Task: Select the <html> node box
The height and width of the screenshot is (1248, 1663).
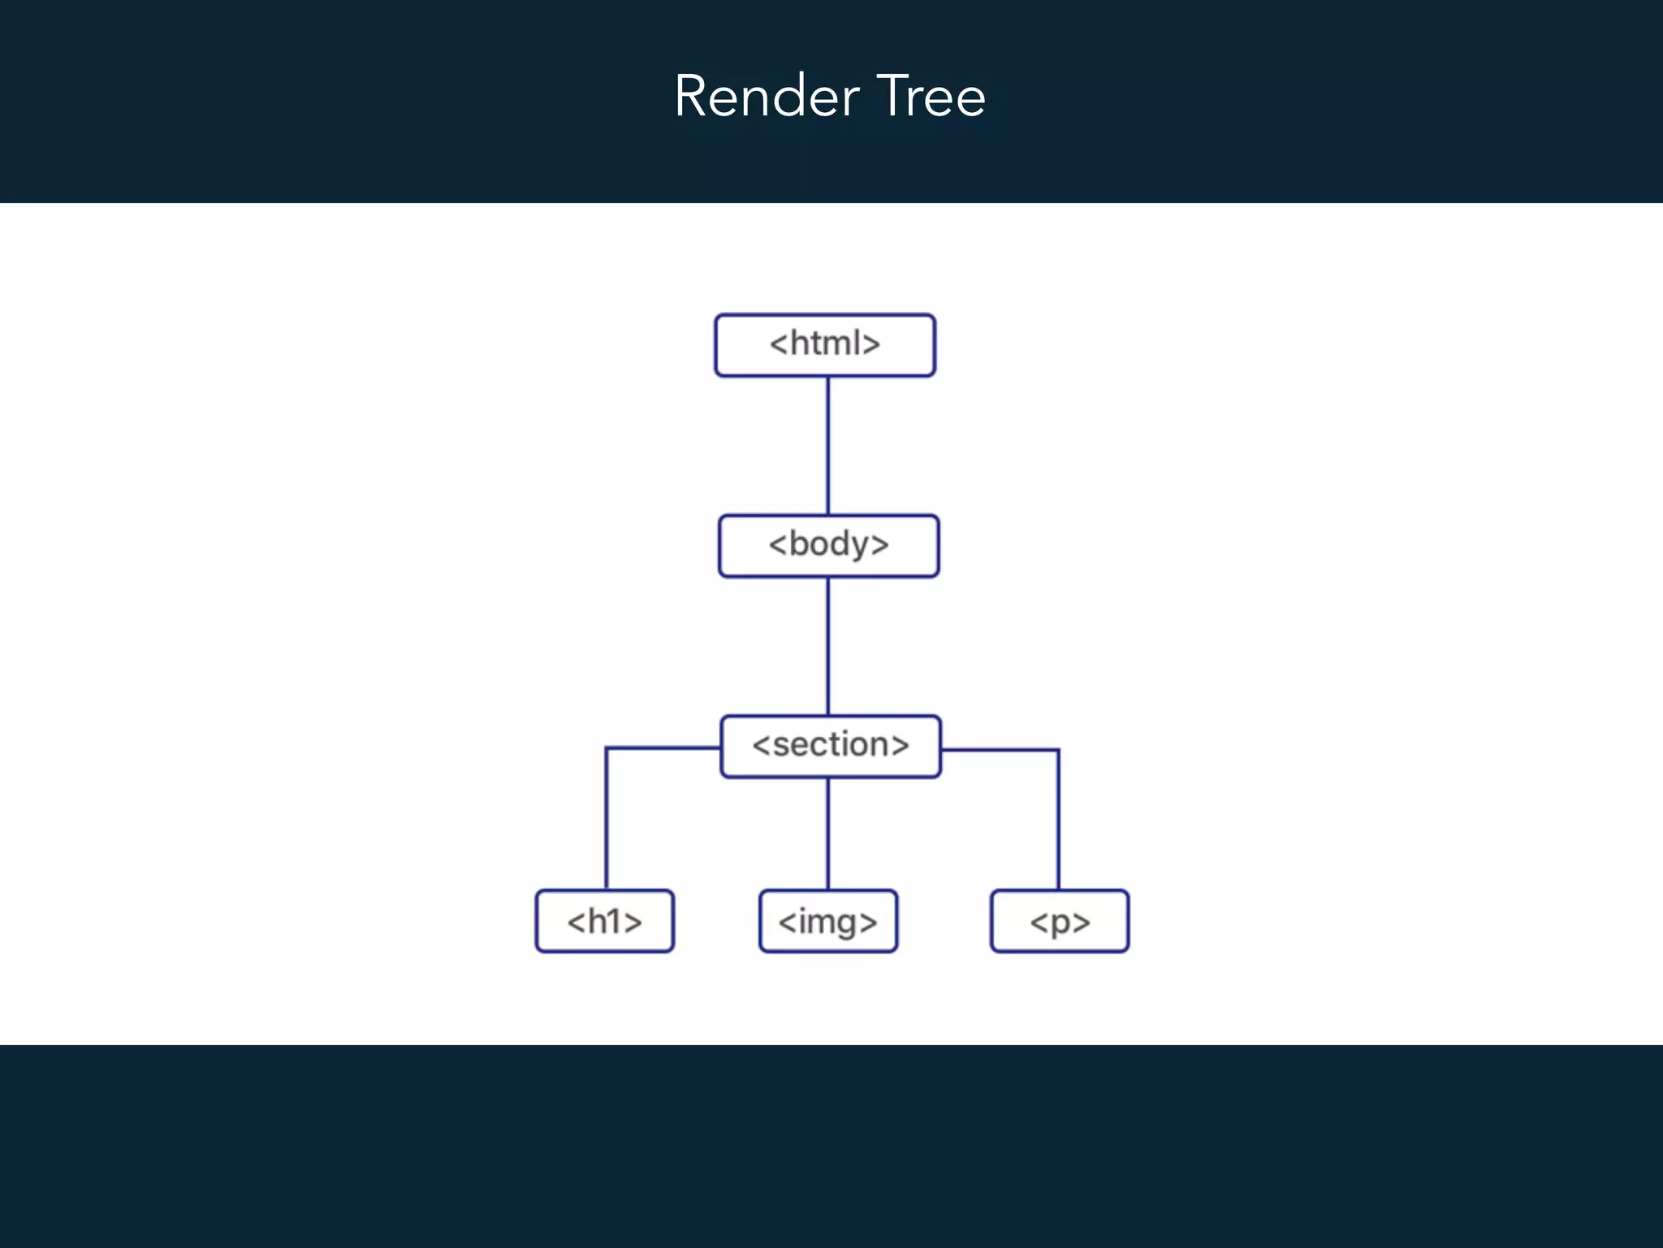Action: coord(825,345)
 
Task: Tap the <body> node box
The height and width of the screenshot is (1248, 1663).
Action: coord(828,546)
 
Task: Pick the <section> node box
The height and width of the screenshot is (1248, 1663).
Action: coord(831,747)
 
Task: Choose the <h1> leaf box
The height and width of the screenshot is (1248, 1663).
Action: coord(604,921)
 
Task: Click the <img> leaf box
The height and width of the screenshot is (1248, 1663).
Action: coord(827,921)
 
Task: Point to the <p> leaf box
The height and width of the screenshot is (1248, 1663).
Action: coord(1060,921)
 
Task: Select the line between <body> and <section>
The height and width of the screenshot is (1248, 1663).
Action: coord(827,646)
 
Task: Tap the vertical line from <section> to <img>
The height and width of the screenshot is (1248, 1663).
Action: coord(827,834)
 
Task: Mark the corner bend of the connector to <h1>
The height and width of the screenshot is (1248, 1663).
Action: coord(607,748)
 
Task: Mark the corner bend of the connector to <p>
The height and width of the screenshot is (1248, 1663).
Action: coord(1058,751)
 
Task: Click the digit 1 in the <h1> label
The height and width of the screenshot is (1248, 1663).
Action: coord(614,921)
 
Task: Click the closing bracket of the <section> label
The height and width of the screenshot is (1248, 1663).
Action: coord(900,745)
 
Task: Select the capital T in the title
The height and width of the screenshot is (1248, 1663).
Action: coord(894,97)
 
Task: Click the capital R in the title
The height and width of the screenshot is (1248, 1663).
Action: coord(691,97)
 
